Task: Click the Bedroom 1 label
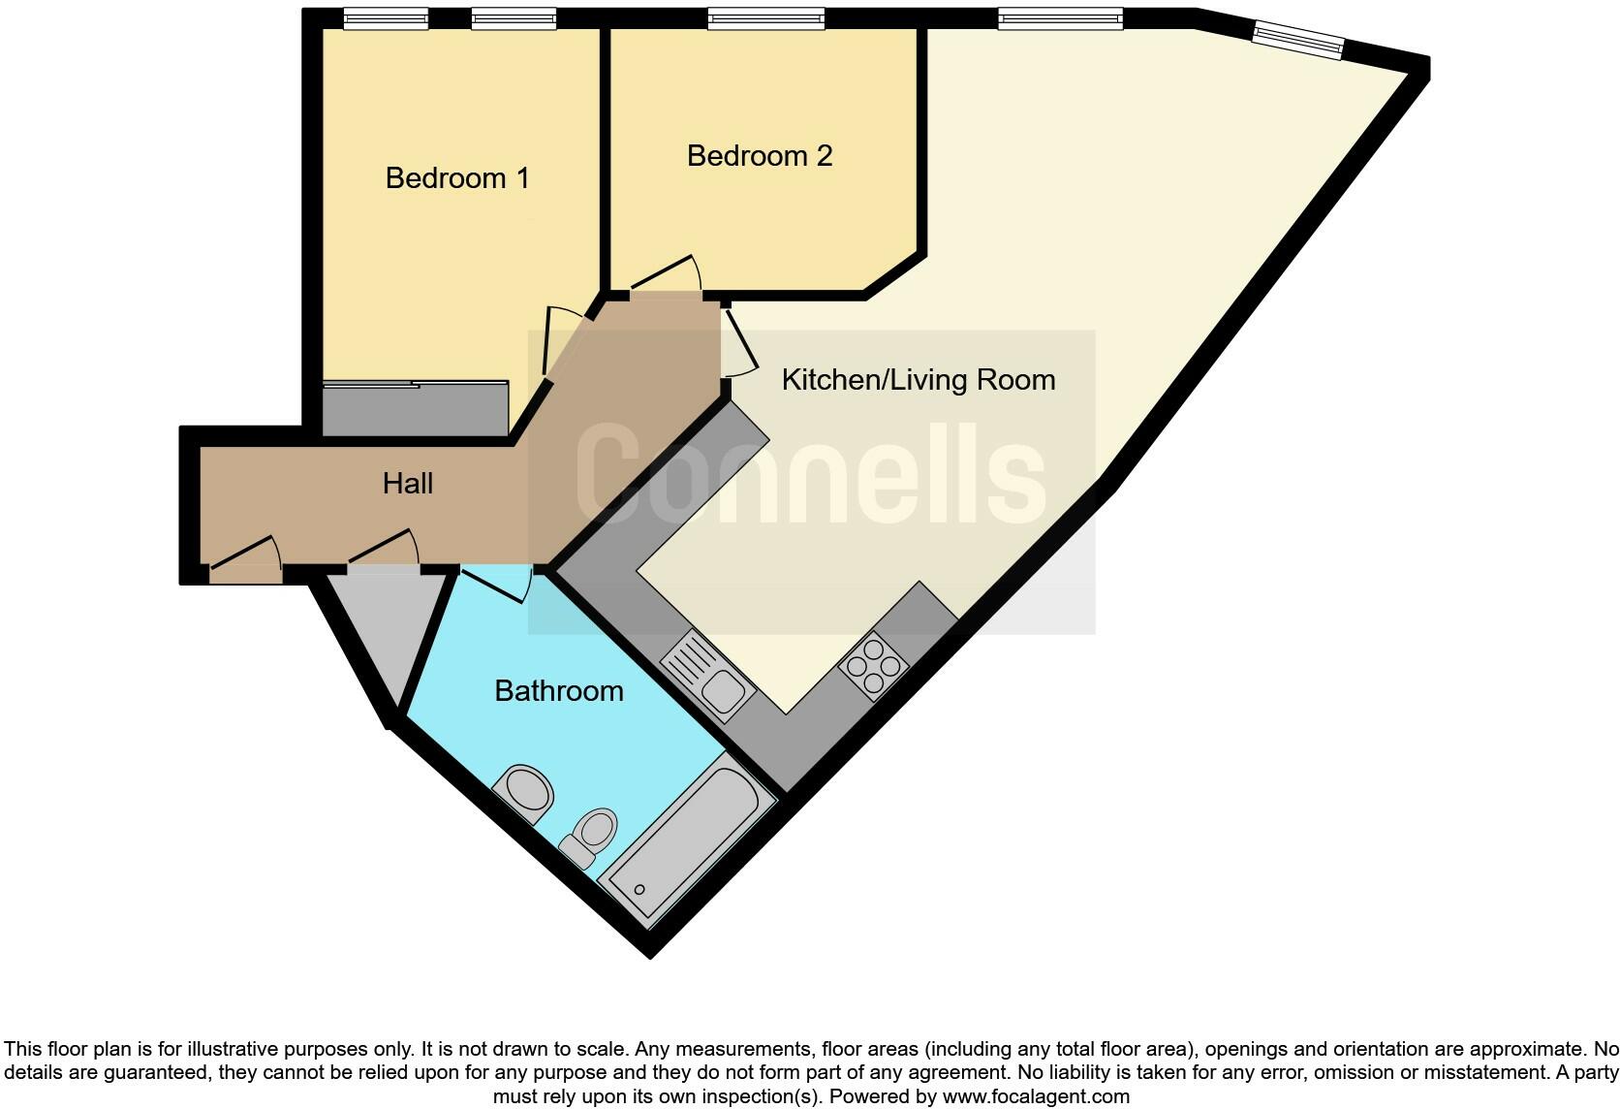(457, 178)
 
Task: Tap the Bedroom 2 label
(760, 156)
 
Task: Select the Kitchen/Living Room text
(918, 380)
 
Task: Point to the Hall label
(408, 483)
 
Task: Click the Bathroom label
(558, 691)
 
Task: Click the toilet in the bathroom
(591, 836)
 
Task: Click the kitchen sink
(708, 675)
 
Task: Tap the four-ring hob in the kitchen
(873, 666)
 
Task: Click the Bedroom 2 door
(667, 275)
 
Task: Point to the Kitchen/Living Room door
(739, 341)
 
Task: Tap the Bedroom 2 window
(765, 18)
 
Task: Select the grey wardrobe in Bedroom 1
(415, 410)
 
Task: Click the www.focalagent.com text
(1036, 1097)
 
